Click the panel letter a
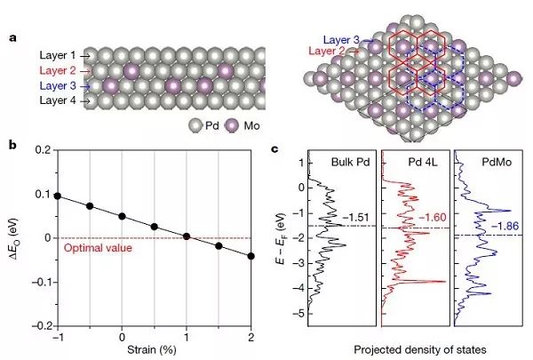[x=11, y=37]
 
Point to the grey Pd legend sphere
[x=195, y=125]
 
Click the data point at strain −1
[x=59, y=196]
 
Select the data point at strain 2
[x=251, y=256]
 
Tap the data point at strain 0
[x=123, y=216]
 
